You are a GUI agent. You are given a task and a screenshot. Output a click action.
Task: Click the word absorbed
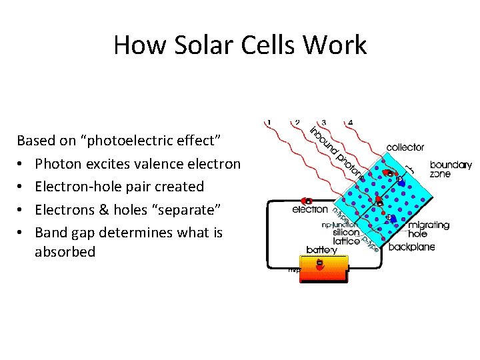click(65, 252)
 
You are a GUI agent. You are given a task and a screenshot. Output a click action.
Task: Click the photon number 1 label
click(269, 123)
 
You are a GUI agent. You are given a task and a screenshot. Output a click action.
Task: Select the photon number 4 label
click(350, 123)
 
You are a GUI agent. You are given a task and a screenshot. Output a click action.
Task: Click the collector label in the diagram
click(405, 147)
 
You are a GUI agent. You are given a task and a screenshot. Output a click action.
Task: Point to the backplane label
click(412, 247)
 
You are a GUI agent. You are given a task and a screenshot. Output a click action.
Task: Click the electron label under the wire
click(310, 209)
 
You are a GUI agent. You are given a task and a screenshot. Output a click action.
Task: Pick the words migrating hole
click(428, 230)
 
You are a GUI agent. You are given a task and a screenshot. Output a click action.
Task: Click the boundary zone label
click(450, 169)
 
